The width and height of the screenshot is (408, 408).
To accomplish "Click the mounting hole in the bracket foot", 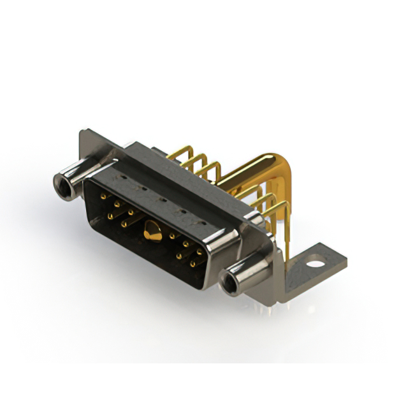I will pyautogui.click(x=313, y=260).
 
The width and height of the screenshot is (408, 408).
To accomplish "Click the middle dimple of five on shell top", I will pyautogui.click(x=162, y=200).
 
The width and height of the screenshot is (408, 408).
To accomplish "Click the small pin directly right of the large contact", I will pyautogui.click(x=173, y=236).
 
